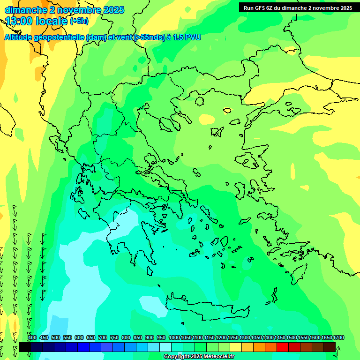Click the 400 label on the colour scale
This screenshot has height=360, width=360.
click(x=32, y=337)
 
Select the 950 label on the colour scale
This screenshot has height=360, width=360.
click(x=161, y=337)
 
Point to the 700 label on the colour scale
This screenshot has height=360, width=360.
click(x=103, y=337)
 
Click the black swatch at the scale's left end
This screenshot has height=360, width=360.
click(x=25, y=347)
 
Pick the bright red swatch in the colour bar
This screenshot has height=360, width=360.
click(x=283, y=347)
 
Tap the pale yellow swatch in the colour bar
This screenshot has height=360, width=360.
click(x=236, y=347)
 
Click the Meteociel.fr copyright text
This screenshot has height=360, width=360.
click(x=199, y=357)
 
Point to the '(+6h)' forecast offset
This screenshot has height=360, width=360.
click(x=79, y=21)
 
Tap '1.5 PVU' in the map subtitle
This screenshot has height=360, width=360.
click(x=187, y=37)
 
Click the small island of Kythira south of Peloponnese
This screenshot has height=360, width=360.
click(x=150, y=271)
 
